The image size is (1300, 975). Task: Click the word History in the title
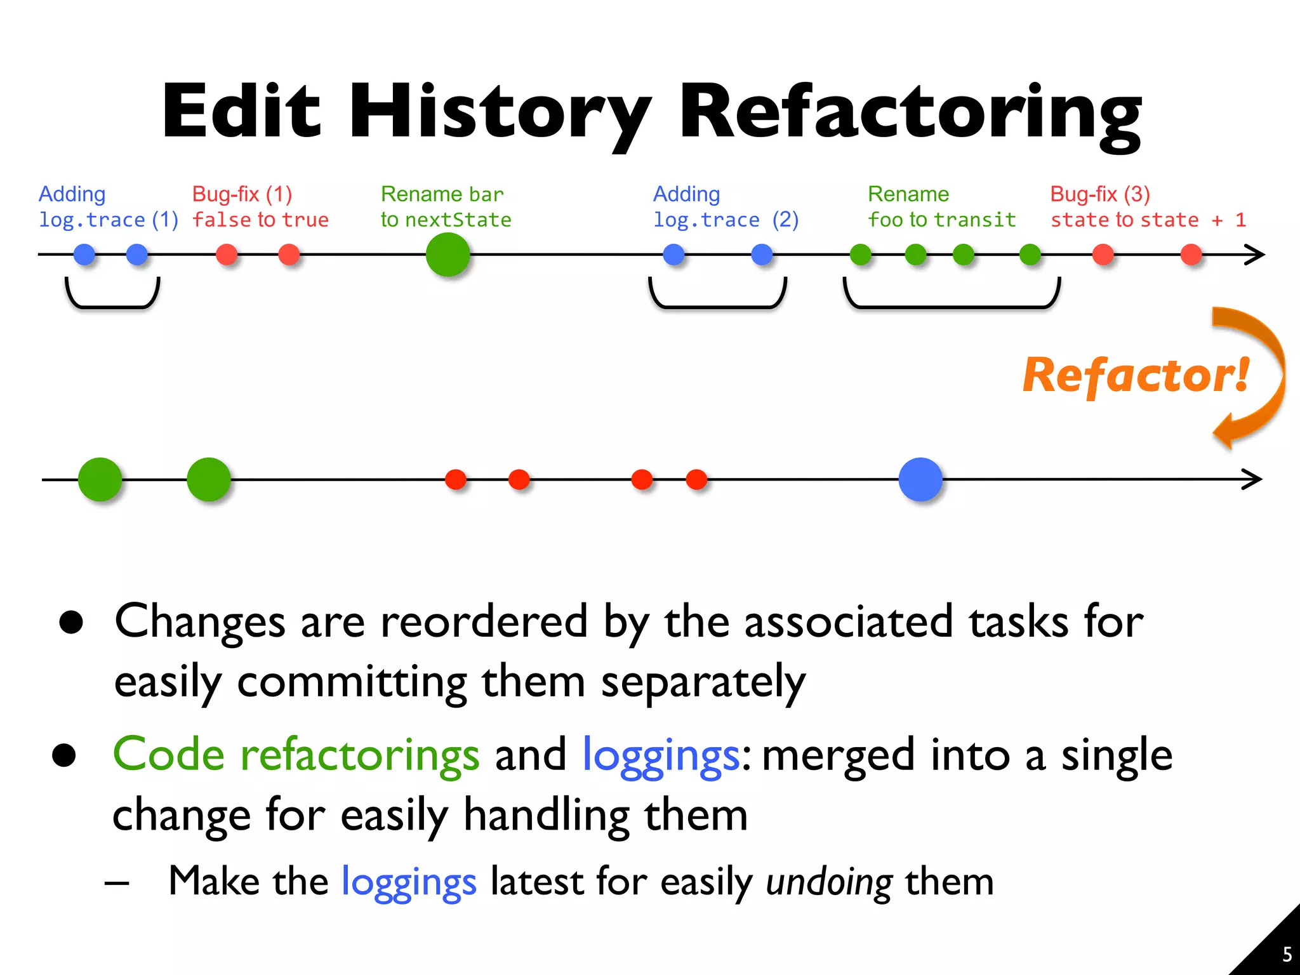(x=500, y=113)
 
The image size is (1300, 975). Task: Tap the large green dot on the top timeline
(x=448, y=255)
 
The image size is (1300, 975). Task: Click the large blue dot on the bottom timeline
(x=920, y=479)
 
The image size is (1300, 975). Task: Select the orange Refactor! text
(x=1136, y=376)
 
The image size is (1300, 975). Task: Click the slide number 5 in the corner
(x=1287, y=954)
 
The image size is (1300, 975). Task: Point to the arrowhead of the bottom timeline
(x=1254, y=479)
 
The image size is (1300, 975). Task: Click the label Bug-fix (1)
(x=242, y=194)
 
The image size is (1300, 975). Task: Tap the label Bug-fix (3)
(x=1099, y=194)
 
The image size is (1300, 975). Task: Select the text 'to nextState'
(x=446, y=220)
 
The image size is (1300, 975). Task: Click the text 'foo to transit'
(x=942, y=220)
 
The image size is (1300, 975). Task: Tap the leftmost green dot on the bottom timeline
(x=100, y=479)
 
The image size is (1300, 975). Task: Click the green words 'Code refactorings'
(x=296, y=755)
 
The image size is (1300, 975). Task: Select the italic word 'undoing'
(x=829, y=882)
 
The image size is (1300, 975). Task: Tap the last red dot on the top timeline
(x=1191, y=255)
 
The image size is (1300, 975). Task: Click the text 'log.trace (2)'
(x=726, y=220)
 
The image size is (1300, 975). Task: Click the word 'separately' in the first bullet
(x=703, y=682)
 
